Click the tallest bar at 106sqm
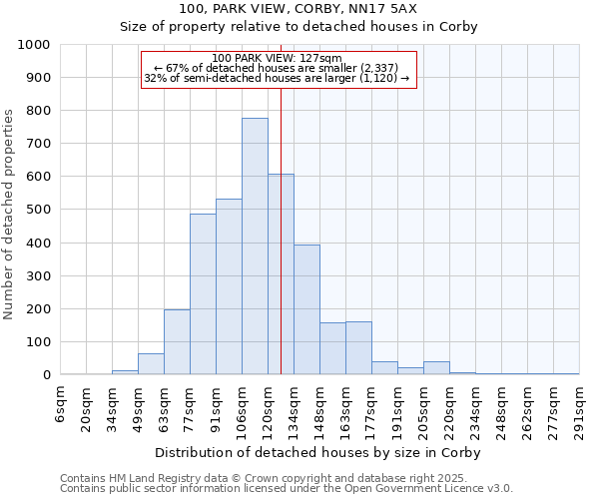point(255,247)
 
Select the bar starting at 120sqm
point(281,274)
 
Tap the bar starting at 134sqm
point(306,309)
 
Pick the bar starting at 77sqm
point(203,294)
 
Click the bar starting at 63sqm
point(177,342)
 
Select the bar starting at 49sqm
point(151,364)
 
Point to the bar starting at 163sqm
point(358,348)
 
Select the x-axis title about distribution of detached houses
point(319,453)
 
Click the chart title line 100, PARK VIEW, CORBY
point(299,8)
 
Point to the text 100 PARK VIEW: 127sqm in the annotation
point(278,59)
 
